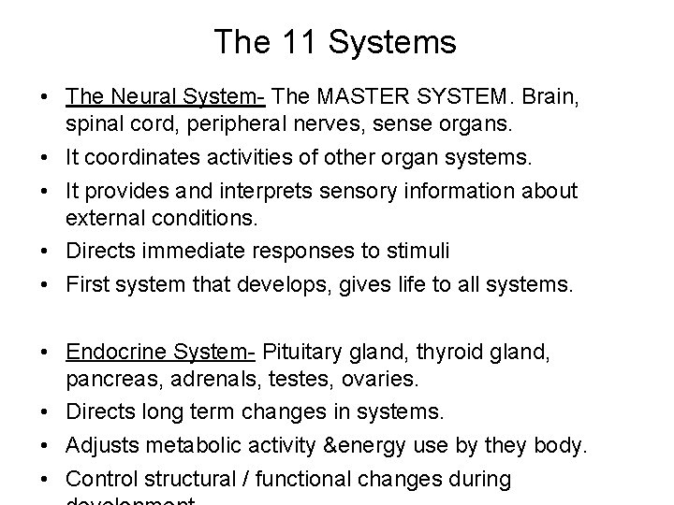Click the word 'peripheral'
[x=251, y=123]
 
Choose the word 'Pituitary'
[x=306, y=352]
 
